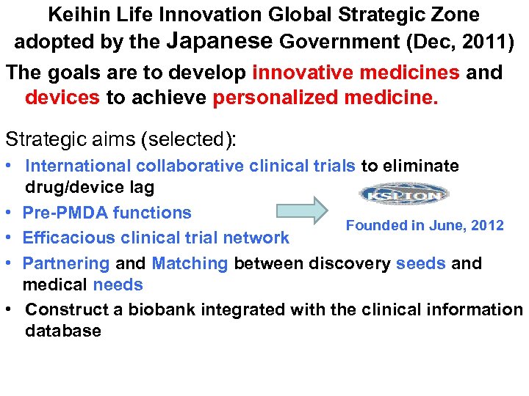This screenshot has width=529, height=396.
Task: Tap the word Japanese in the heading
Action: (x=219, y=41)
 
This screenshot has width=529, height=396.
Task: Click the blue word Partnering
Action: (x=66, y=263)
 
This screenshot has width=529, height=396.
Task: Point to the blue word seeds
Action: (x=420, y=263)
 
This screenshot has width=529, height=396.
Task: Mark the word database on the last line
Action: (x=62, y=331)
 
